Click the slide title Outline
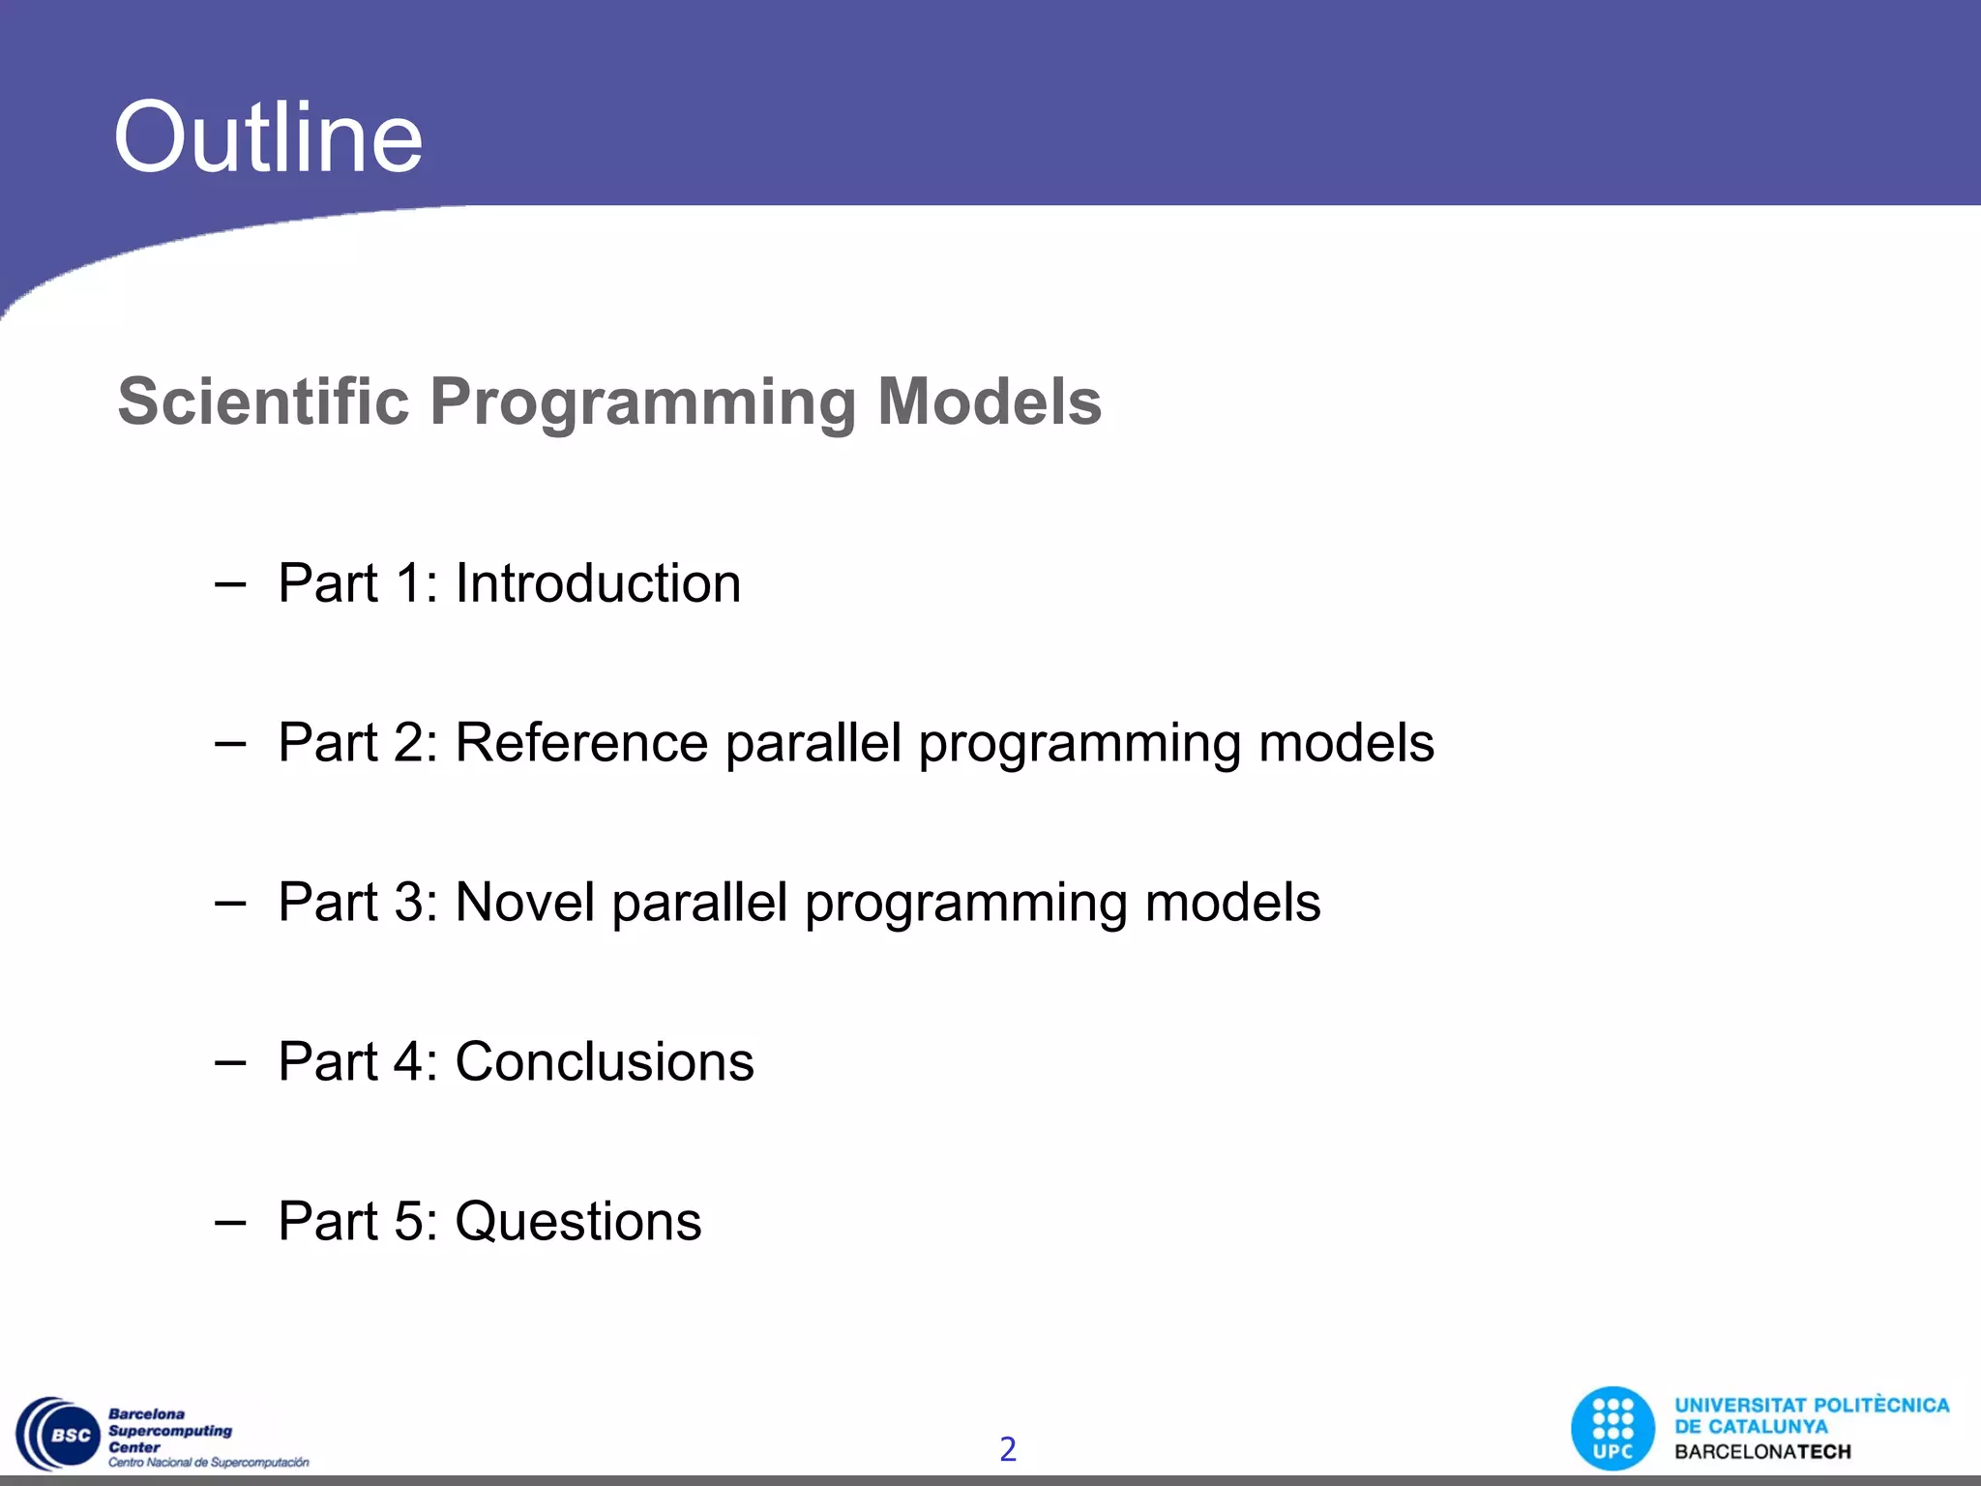click(x=268, y=138)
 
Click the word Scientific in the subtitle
click(x=263, y=401)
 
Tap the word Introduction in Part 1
click(x=598, y=583)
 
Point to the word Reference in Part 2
click(x=581, y=743)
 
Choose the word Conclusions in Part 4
click(x=604, y=1062)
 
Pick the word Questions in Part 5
click(x=577, y=1222)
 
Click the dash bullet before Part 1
click(x=230, y=584)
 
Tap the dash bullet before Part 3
click(x=230, y=904)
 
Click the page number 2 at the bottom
click(x=1007, y=1448)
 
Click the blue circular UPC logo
click(x=1612, y=1429)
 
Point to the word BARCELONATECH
click(x=1762, y=1452)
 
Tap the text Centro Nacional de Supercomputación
click(x=208, y=1463)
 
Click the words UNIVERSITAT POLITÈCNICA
click(x=1811, y=1406)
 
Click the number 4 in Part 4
click(x=407, y=1062)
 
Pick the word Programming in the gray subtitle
click(x=643, y=401)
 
